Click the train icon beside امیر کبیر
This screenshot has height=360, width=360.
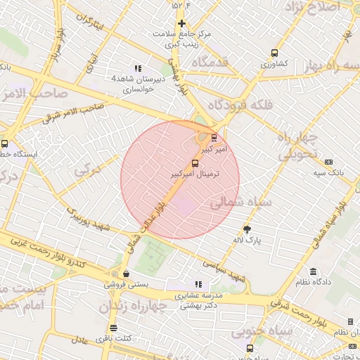[x=214, y=137]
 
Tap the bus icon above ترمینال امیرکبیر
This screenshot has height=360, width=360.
[x=195, y=163]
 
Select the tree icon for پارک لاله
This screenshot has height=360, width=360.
[x=247, y=229]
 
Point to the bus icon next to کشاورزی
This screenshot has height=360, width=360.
[x=274, y=53]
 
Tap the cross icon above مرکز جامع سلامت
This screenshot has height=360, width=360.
[x=181, y=23]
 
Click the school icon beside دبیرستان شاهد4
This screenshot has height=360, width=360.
[x=137, y=68]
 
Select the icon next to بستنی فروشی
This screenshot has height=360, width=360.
[x=126, y=274]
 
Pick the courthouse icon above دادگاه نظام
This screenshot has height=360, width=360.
[x=312, y=271]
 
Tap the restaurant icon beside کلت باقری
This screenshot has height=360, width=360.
[x=114, y=328]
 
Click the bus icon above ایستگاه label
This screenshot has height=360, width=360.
[x=5, y=143]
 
